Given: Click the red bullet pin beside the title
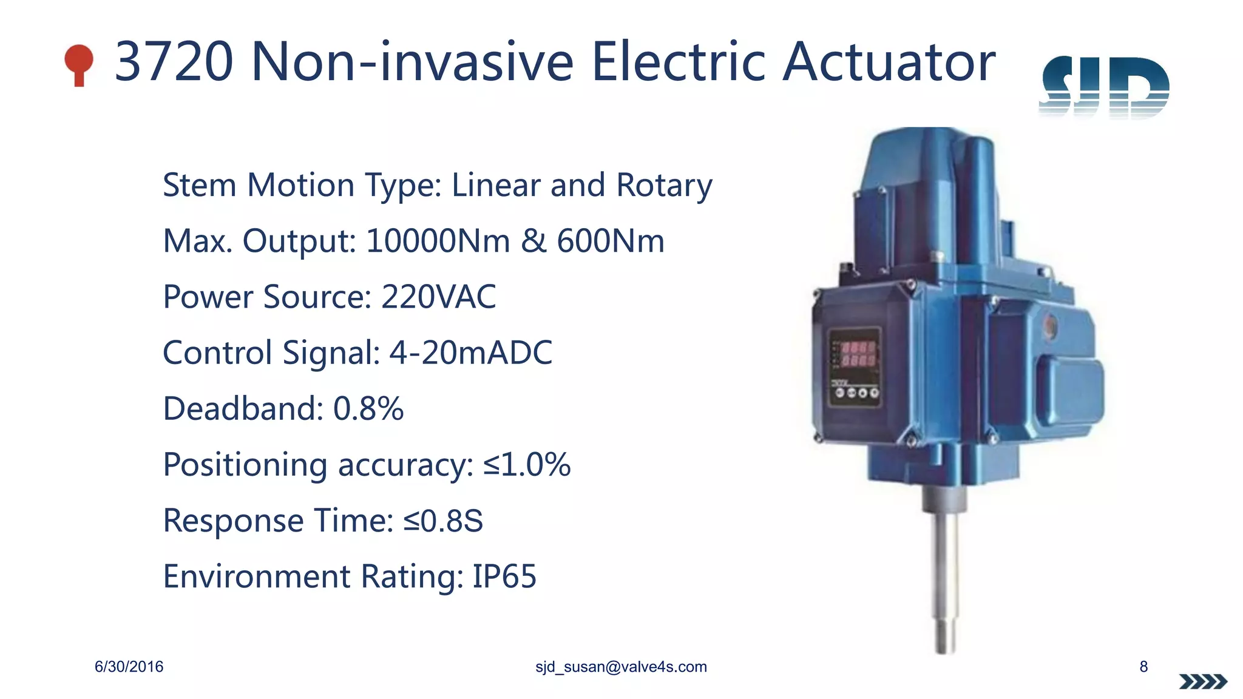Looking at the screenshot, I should [x=79, y=63].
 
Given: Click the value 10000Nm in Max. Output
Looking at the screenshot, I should [x=438, y=241].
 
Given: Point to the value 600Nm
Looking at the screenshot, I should [x=611, y=241].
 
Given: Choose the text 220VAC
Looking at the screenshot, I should [x=438, y=297].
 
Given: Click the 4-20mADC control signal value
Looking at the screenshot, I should [x=470, y=353].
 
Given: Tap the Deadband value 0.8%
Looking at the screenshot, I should [x=368, y=408].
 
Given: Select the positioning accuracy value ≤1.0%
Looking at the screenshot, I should [x=527, y=465].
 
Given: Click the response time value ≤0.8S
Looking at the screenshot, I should [x=443, y=521].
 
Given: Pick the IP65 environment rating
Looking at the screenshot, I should [x=504, y=576].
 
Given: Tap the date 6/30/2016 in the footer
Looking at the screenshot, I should [x=129, y=667].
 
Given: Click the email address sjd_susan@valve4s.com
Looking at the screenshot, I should [x=621, y=667].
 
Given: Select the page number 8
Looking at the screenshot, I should [x=1143, y=667].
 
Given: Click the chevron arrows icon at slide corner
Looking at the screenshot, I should [x=1203, y=682].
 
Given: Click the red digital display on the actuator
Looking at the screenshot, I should [x=858, y=354].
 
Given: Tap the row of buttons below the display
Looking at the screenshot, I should [x=856, y=393].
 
